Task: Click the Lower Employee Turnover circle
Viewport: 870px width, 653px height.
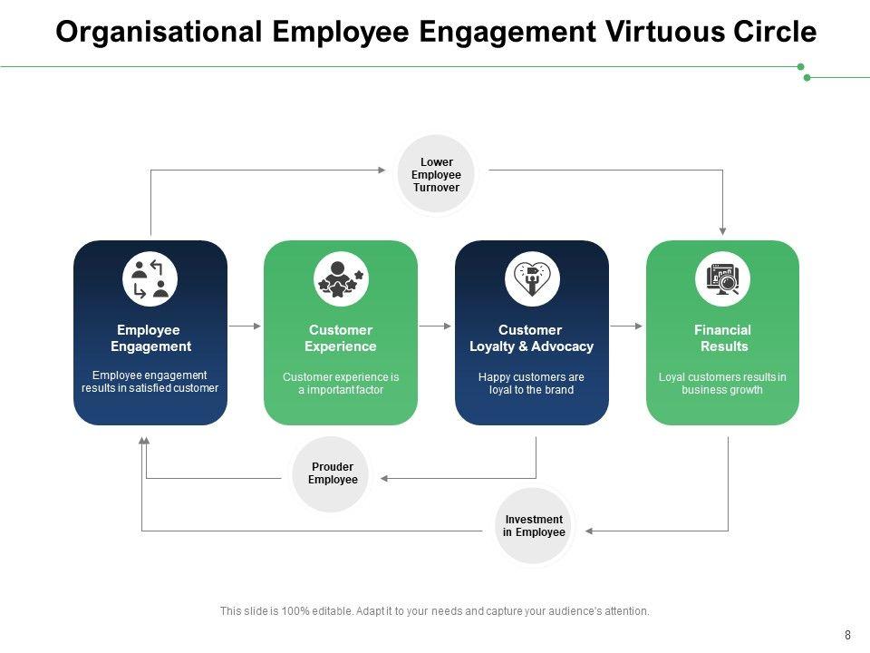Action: [x=436, y=175]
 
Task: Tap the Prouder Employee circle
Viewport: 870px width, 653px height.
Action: [x=333, y=473]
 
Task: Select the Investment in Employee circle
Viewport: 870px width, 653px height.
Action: [x=534, y=526]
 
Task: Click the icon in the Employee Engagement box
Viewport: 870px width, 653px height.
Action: [x=150, y=278]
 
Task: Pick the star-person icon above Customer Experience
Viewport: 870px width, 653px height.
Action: [x=341, y=278]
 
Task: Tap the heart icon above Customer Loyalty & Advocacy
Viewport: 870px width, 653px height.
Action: [x=532, y=278]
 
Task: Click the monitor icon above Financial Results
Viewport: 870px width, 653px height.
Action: [x=723, y=278]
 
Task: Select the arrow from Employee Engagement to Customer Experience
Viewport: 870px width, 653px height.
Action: [x=246, y=325]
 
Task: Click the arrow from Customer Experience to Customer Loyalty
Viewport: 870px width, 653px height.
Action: [x=436, y=325]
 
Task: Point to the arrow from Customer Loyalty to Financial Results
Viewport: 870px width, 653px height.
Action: [x=627, y=325]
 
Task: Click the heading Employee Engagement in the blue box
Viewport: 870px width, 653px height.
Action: [x=150, y=338]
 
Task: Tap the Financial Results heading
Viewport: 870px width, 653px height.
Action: [x=723, y=338]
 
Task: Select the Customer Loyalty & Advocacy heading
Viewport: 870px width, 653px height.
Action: [x=531, y=338]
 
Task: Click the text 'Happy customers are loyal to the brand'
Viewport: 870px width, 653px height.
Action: [x=531, y=384]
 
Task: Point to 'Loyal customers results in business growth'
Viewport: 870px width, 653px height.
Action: [x=722, y=384]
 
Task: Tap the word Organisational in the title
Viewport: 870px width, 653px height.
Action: [x=159, y=32]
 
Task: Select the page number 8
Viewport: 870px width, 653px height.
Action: [x=847, y=635]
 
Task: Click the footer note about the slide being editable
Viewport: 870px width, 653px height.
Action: [x=435, y=611]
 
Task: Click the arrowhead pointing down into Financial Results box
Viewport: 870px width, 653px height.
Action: [x=723, y=230]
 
